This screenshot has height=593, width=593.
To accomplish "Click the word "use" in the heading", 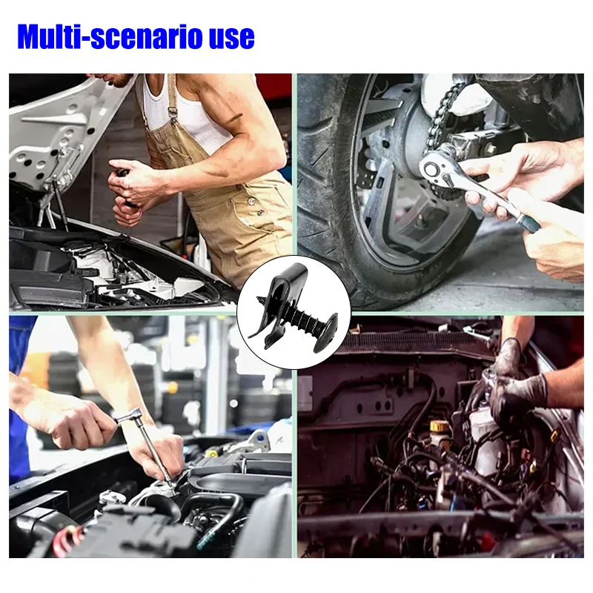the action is pyautogui.click(x=232, y=40).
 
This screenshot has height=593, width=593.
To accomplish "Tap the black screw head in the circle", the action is pyautogui.click(x=328, y=328).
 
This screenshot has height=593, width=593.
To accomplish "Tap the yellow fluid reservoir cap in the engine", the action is pyautogui.click(x=440, y=427).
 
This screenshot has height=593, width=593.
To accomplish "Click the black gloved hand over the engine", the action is pyautogui.click(x=514, y=382).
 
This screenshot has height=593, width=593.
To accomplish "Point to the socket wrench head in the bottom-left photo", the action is pyautogui.click(x=127, y=414).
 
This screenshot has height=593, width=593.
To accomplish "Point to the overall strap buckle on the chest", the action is pyautogui.click(x=173, y=113).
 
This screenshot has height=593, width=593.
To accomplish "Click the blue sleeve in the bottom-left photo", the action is pyautogui.click(x=19, y=397).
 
